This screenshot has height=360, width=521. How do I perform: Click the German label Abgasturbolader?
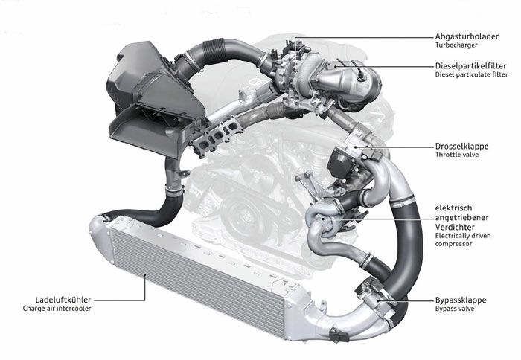467,36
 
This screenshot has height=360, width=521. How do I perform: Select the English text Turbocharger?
456,45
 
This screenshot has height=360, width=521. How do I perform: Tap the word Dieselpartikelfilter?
470,65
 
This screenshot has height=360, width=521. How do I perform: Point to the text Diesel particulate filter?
471,74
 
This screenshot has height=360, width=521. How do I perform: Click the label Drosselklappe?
461,146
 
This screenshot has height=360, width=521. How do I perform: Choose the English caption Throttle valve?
457,155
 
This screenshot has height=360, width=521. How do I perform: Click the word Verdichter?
455,227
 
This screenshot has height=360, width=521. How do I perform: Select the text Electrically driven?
463,236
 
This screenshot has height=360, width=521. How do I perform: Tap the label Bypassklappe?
461,300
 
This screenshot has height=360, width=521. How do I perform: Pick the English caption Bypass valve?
455,309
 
